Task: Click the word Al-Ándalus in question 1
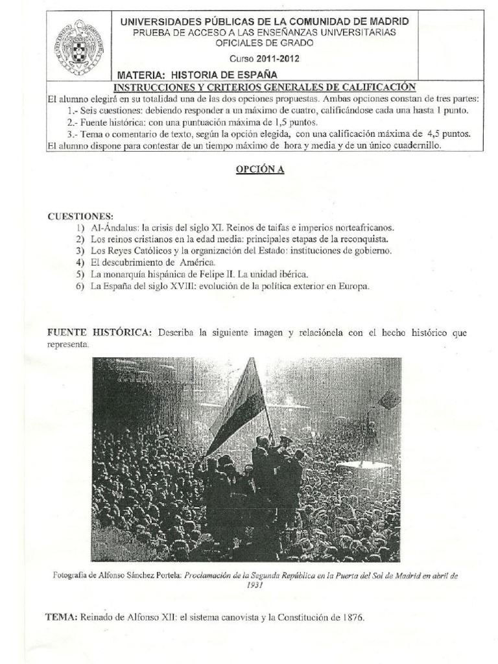point(113,228)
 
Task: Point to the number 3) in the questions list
point(80,250)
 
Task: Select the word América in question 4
point(196,262)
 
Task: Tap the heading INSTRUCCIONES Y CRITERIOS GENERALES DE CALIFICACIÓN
point(265,88)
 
